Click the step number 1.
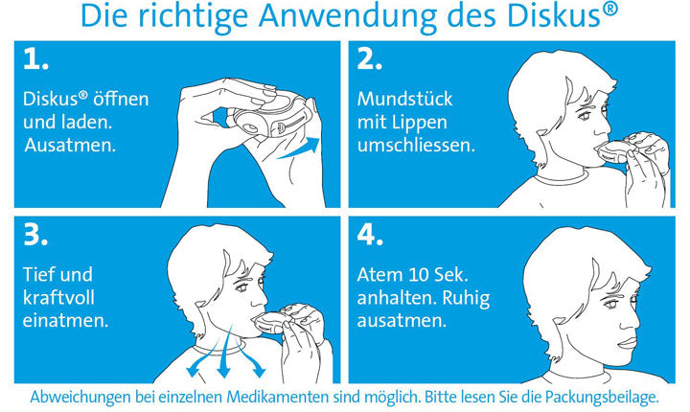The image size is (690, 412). tap(35, 59)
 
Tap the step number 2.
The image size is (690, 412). tap(370, 59)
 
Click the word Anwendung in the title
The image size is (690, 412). tap(348, 16)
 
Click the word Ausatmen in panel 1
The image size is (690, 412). tap(70, 146)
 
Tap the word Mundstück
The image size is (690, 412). tap(404, 99)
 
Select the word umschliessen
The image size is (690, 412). tap(416, 146)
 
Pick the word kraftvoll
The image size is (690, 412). tap(58, 298)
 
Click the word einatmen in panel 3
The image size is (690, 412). tap(65, 320)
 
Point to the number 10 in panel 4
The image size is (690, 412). tap(419, 275)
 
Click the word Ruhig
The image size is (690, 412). tap(466, 299)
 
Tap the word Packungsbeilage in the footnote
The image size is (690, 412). tap(602, 398)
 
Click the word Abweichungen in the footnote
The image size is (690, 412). tap(80, 398)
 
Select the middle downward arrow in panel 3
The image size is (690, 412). tap(224, 353)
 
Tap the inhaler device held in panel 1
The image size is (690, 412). tap(272, 118)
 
